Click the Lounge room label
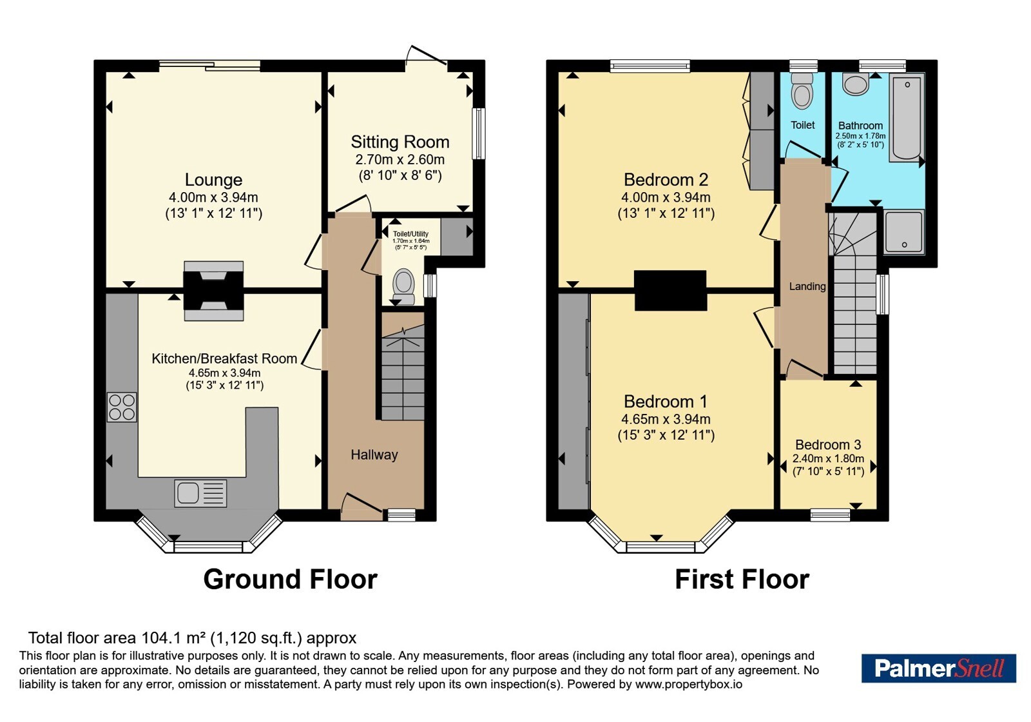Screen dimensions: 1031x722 [213, 180]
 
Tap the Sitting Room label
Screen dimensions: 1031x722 [400, 142]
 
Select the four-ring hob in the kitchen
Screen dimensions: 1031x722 [122, 407]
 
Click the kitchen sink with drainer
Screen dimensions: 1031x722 [200, 493]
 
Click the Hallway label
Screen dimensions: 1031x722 [374, 455]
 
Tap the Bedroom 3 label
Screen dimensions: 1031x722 [828, 445]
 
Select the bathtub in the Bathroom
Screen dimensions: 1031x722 [907, 117]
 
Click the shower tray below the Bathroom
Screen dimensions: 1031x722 [904, 231]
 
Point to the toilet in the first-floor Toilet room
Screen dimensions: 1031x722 [802, 91]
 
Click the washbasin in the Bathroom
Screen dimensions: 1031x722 [856, 84]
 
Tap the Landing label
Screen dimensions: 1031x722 [807, 286]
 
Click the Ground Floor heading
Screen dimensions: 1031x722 [291, 580]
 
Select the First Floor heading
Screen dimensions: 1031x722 [742, 580]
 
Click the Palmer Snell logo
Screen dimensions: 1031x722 [938, 668]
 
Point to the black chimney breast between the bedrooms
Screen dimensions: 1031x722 [670, 290]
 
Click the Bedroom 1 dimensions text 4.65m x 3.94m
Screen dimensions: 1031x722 [666, 419]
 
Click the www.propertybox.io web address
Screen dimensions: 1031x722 [689, 684]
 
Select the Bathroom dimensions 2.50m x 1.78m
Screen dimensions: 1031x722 [860, 136]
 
